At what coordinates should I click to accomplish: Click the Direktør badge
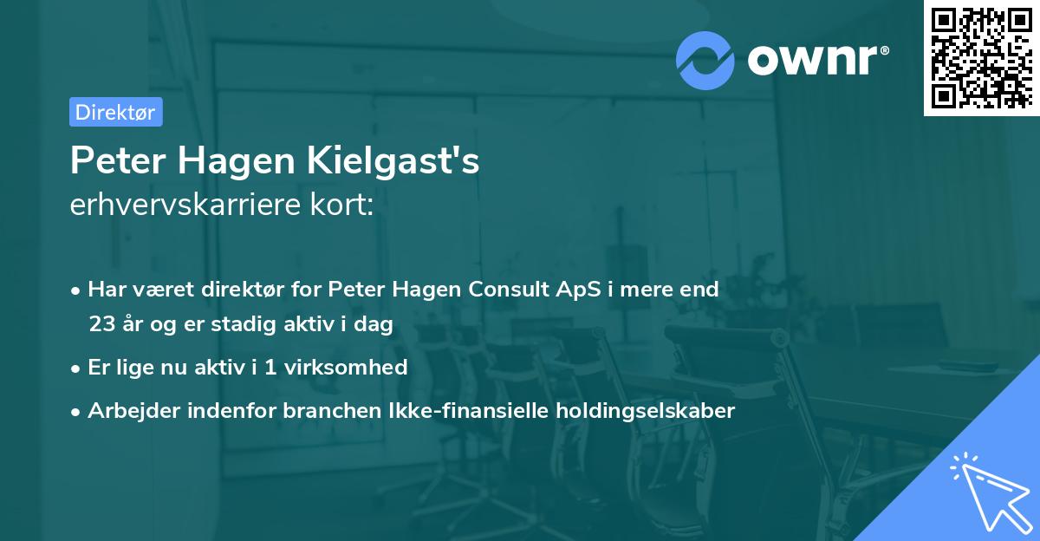pyautogui.click(x=115, y=112)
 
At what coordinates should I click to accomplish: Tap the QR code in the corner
pyautogui.click(x=981, y=57)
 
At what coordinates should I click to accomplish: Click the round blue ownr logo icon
pyautogui.click(x=705, y=59)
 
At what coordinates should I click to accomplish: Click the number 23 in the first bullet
pyautogui.click(x=101, y=324)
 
